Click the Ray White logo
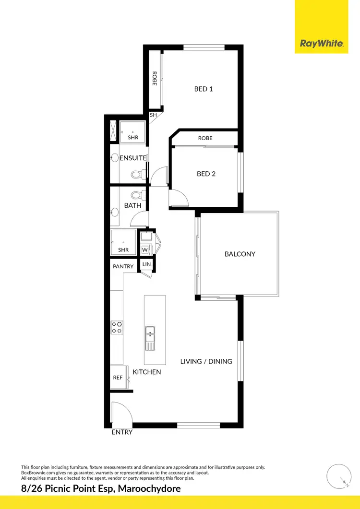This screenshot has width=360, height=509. tap(321, 44)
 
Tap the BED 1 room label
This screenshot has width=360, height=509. tap(204, 89)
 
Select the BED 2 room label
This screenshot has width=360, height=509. tap(206, 174)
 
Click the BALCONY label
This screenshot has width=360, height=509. tap(240, 254)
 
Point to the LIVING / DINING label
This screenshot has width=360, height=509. tap(206, 361)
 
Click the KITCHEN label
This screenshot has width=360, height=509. tap(147, 372)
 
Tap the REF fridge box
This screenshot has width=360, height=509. tap(118, 378)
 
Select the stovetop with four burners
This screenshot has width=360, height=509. tap(117, 327)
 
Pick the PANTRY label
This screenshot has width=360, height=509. tap(123, 266)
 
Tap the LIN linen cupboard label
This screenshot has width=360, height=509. tap(146, 265)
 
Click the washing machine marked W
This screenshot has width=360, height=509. tap(144, 250)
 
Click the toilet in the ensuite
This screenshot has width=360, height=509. tap(138, 174)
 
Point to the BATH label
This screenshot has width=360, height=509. tap(132, 205)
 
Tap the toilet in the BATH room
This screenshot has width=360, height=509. tap(138, 195)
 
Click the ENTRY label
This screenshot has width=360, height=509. tap(122, 432)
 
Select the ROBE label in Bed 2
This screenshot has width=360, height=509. tap(205, 138)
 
